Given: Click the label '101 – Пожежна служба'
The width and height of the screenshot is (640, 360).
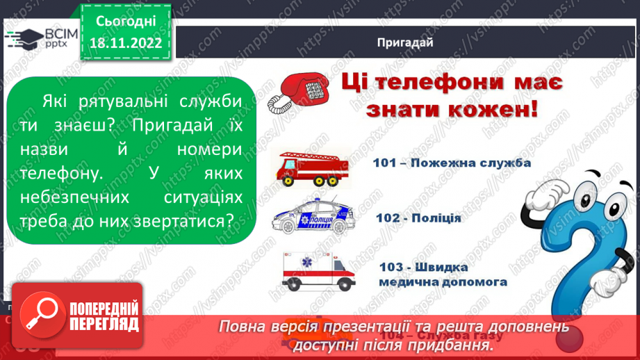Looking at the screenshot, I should point(442,163).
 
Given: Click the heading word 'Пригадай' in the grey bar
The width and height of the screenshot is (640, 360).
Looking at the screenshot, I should point(405,42).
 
